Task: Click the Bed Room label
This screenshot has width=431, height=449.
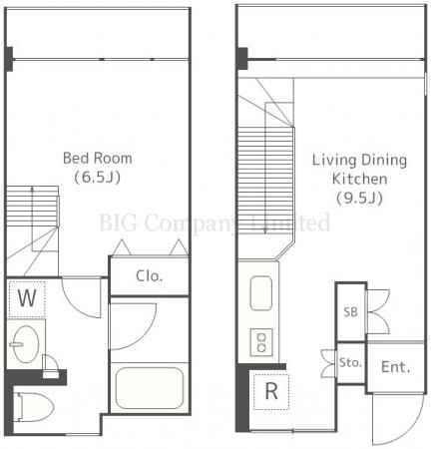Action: [x=98, y=158]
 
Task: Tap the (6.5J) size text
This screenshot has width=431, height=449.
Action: [x=97, y=178]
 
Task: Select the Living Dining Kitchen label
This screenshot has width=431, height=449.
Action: [x=359, y=170]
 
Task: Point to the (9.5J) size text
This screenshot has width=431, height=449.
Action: [x=359, y=199]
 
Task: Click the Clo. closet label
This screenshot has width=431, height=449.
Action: [x=150, y=276]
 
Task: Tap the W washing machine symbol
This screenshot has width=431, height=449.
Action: [x=27, y=298]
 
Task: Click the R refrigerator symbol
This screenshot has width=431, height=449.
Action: [x=271, y=391]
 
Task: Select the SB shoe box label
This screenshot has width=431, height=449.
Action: [x=350, y=312]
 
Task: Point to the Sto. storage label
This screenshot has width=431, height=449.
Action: [x=350, y=362]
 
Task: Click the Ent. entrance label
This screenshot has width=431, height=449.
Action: [x=395, y=367]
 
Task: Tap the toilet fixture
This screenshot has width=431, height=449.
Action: [x=33, y=407]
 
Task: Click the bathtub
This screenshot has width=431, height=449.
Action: [x=150, y=388]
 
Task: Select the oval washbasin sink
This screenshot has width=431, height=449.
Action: [x=24, y=344]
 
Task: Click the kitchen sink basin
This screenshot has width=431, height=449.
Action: [x=261, y=293]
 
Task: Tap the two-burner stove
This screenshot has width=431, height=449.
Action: [x=261, y=342]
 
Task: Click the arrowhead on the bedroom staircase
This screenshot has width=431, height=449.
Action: [x=32, y=190]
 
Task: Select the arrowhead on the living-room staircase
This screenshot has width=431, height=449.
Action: [x=265, y=230]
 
